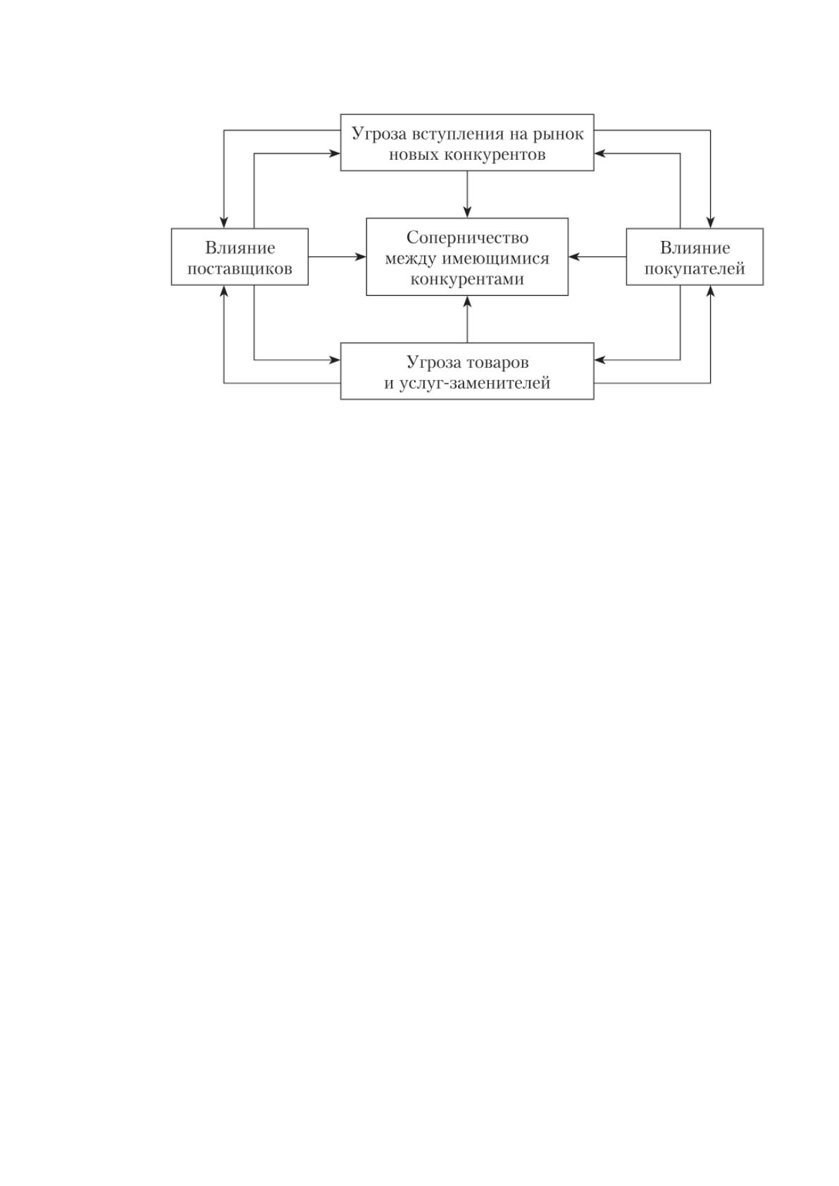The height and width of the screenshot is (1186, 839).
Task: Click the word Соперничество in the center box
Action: click(x=467, y=238)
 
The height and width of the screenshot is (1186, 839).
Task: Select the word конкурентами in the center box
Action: click(x=467, y=279)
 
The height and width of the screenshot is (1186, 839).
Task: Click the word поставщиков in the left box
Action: click(x=240, y=269)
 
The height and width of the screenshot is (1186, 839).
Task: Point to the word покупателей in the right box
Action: click(x=695, y=269)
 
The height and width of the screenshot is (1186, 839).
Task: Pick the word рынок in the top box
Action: click(x=558, y=135)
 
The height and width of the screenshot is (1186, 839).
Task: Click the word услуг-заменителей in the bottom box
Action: click(x=474, y=383)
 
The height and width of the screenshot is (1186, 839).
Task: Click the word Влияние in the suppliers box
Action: click(x=240, y=248)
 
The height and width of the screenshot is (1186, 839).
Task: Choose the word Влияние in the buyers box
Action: click(x=695, y=248)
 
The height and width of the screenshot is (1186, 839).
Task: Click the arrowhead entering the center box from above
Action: click(x=467, y=212)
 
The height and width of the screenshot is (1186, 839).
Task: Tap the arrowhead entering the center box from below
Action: click(x=467, y=302)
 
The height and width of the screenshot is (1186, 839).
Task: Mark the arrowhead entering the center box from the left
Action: click(x=360, y=257)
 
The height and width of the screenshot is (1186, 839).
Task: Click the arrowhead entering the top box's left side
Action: click(x=334, y=154)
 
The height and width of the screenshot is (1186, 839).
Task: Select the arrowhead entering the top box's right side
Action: click(x=600, y=154)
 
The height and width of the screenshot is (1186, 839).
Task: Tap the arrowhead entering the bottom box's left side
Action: click(x=334, y=360)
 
